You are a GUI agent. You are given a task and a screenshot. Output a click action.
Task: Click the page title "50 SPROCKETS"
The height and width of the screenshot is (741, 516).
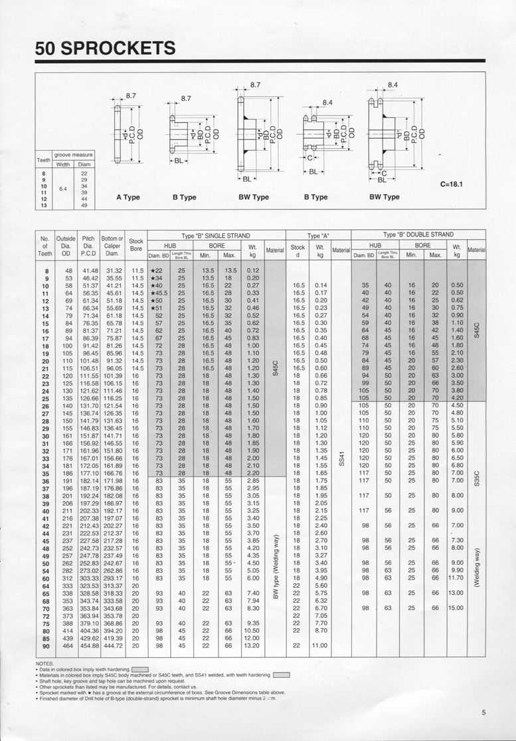tap(106, 48)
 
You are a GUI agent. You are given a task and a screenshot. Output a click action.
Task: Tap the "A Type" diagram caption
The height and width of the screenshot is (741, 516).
tap(128, 197)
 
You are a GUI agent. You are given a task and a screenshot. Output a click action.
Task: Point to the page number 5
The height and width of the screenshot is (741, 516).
tap(484, 713)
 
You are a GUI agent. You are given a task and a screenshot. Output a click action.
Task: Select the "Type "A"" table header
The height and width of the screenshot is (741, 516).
tap(318, 235)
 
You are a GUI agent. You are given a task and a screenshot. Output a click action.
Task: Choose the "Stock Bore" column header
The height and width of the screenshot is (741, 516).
tap(135, 245)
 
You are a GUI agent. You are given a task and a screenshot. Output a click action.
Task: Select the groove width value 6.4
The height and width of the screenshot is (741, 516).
tap(62, 189)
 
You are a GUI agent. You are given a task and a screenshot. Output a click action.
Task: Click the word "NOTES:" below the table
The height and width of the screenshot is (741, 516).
tap(44, 663)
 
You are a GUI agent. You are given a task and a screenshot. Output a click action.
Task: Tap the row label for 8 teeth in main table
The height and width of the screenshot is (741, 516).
tap(46, 271)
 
